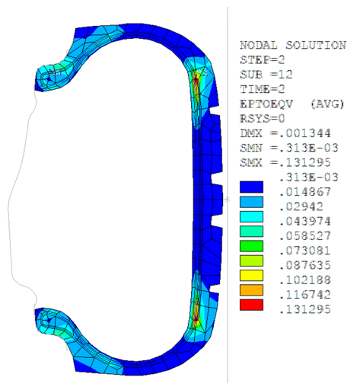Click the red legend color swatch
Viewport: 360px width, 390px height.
point(251,305)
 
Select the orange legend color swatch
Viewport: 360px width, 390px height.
point(251,290)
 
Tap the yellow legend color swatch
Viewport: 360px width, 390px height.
point(251,276)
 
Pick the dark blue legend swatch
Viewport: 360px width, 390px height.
point(251,187)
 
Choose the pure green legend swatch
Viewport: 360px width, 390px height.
point(251,246)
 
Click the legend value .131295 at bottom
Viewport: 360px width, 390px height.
point(305,309)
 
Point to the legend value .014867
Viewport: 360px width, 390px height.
point(305,192)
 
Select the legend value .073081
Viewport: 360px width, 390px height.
point(305,251)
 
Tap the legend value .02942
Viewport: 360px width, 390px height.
point(301,206)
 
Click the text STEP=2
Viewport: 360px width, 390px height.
point(263,60)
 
